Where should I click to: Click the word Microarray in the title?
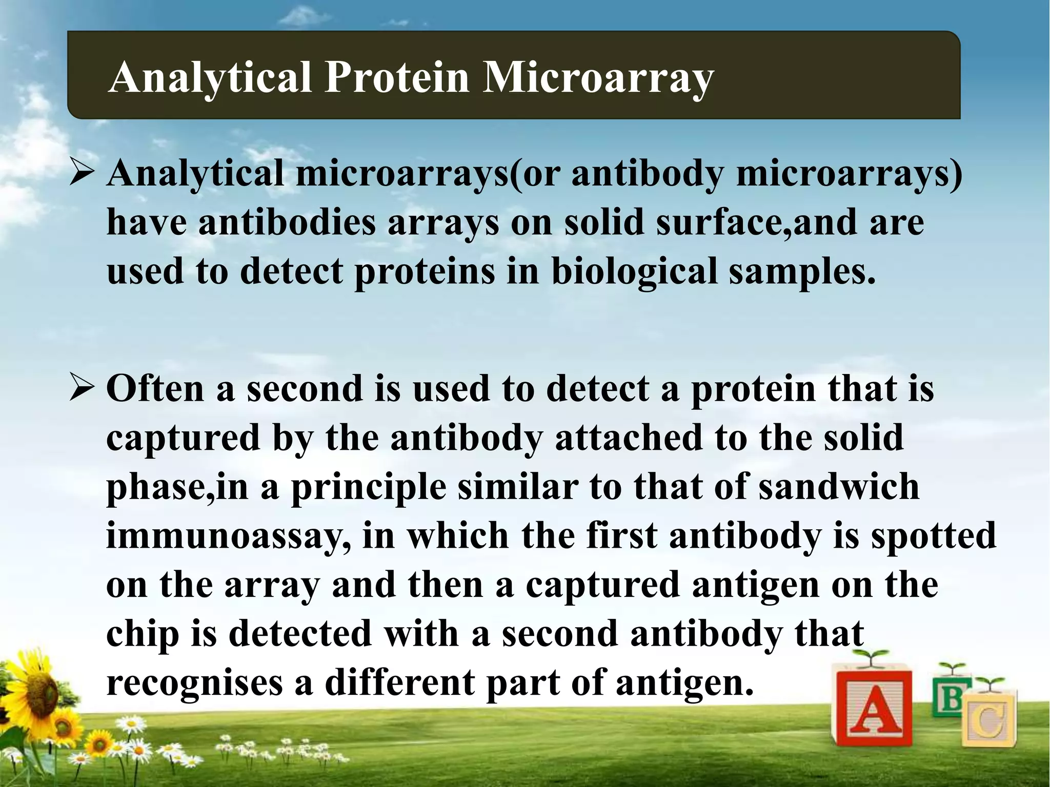597,78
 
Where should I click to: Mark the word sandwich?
839,486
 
